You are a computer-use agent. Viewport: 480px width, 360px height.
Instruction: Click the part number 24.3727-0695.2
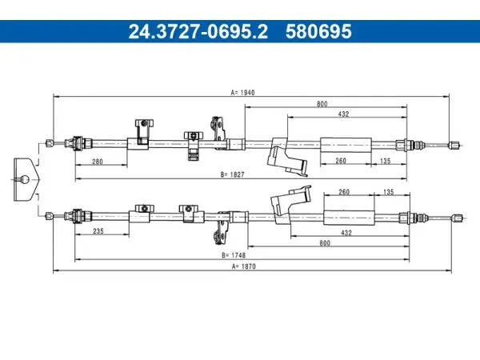pyautogui.click(x=198, y=31)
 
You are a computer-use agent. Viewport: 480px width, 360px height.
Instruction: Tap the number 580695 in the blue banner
pyautogui.click(x=318, y=31)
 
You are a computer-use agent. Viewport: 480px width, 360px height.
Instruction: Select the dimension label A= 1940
pyautogui.click(x=242, y=93)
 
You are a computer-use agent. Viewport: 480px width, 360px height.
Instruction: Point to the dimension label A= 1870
pyautogui.click(x=244, y=266)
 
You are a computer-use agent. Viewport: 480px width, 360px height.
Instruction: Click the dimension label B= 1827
pyautogui.click(x=233, y=174)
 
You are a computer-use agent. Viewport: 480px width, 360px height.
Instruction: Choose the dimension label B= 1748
pyautogui.click(x=234, y=255)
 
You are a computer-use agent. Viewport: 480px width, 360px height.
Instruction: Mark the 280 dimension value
pyautogui.click(x=98, y=162)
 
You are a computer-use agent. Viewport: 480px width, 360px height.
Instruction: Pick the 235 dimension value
pyautogui.click(x=98, y=231)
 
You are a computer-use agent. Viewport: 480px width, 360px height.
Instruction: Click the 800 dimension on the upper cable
pyautogui.click(x=322, y=104)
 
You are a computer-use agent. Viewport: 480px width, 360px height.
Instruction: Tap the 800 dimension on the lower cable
pyautogui.click(x=325, y=243)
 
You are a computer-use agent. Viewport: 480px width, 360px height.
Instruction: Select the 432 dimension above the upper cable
pyautogui.click(x=343, y=114)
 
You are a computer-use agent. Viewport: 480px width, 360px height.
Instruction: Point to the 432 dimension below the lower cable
pyautogui.click(x=346, y=233)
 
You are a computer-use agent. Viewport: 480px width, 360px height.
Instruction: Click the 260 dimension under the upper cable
pyautogui.click(x=341, y=161)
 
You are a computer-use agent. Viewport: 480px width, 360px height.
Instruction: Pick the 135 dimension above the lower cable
pyautogui.click(x=389, y=192)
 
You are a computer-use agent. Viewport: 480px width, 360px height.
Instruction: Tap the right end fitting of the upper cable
pyautogui.click(x=454, y=145)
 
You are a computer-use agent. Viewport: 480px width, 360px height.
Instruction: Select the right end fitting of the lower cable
pyautogui.click(x=457, y=218)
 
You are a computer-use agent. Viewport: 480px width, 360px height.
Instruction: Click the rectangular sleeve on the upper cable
pyautogui.click(x=346, y=145)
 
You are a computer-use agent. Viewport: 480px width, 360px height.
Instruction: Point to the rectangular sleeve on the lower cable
pyautogui.click(x=349, y=218)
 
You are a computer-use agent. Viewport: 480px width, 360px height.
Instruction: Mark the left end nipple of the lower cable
pyautogui.click(x=50, y=216)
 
